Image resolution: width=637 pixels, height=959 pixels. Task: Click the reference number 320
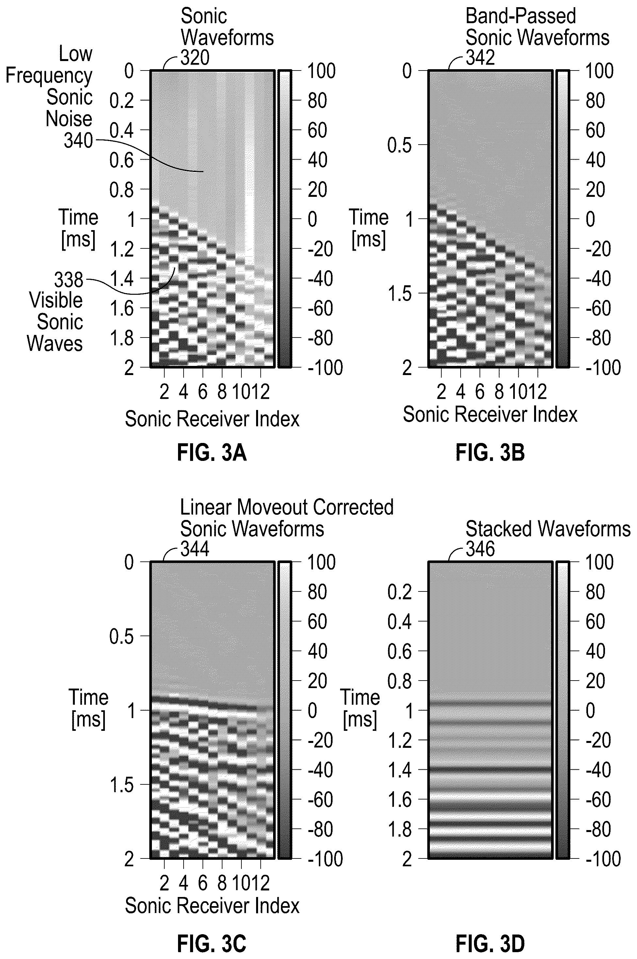point(195,58)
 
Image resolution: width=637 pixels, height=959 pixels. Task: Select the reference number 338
point(69,280)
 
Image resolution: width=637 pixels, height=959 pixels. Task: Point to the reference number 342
point(480,58)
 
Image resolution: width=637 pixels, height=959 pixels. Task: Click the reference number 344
point(195,549)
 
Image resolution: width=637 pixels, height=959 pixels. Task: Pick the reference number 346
point(480,549)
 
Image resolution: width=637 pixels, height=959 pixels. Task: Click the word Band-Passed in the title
point(521,16)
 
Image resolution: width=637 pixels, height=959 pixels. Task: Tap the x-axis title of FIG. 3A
point(212,419)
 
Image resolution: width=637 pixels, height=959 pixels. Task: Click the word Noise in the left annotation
point(69,119)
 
